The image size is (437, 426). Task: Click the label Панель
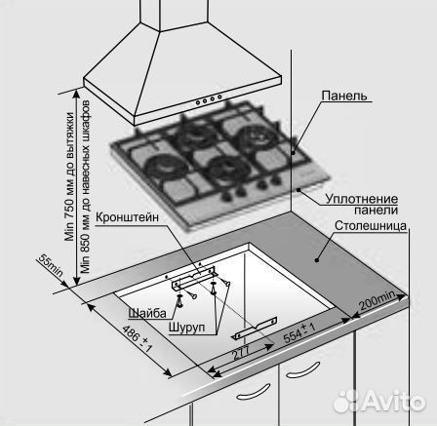[x=344, y=96]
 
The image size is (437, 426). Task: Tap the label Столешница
[x=371, y=226]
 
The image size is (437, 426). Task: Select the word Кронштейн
[x=127, y=217]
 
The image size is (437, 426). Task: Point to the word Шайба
[x=147, y=313]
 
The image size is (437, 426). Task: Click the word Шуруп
[x=187, y=327]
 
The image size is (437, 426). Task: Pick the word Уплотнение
[x=362, y=199]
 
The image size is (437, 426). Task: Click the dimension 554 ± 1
[x=299, y=333]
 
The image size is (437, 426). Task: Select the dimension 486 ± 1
[x=138, y=338]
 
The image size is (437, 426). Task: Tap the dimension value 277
[x=242, y=352]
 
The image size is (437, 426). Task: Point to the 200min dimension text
[x=377, y=300]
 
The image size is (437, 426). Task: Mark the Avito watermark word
[x=393, y=401]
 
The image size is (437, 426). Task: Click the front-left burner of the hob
[x=166, y=166]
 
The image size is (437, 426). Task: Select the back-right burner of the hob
[x=257, y=136]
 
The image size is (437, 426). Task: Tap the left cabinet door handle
[x=254, y=391]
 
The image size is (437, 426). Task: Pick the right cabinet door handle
[x=302, y=369]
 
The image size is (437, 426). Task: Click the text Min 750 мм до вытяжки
[x=70, y=176]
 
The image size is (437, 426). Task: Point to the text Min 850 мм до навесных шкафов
[x=85, y=186]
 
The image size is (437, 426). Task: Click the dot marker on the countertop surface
[x=316, y=259]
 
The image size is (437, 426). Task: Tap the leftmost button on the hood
[x=198, y=103]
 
